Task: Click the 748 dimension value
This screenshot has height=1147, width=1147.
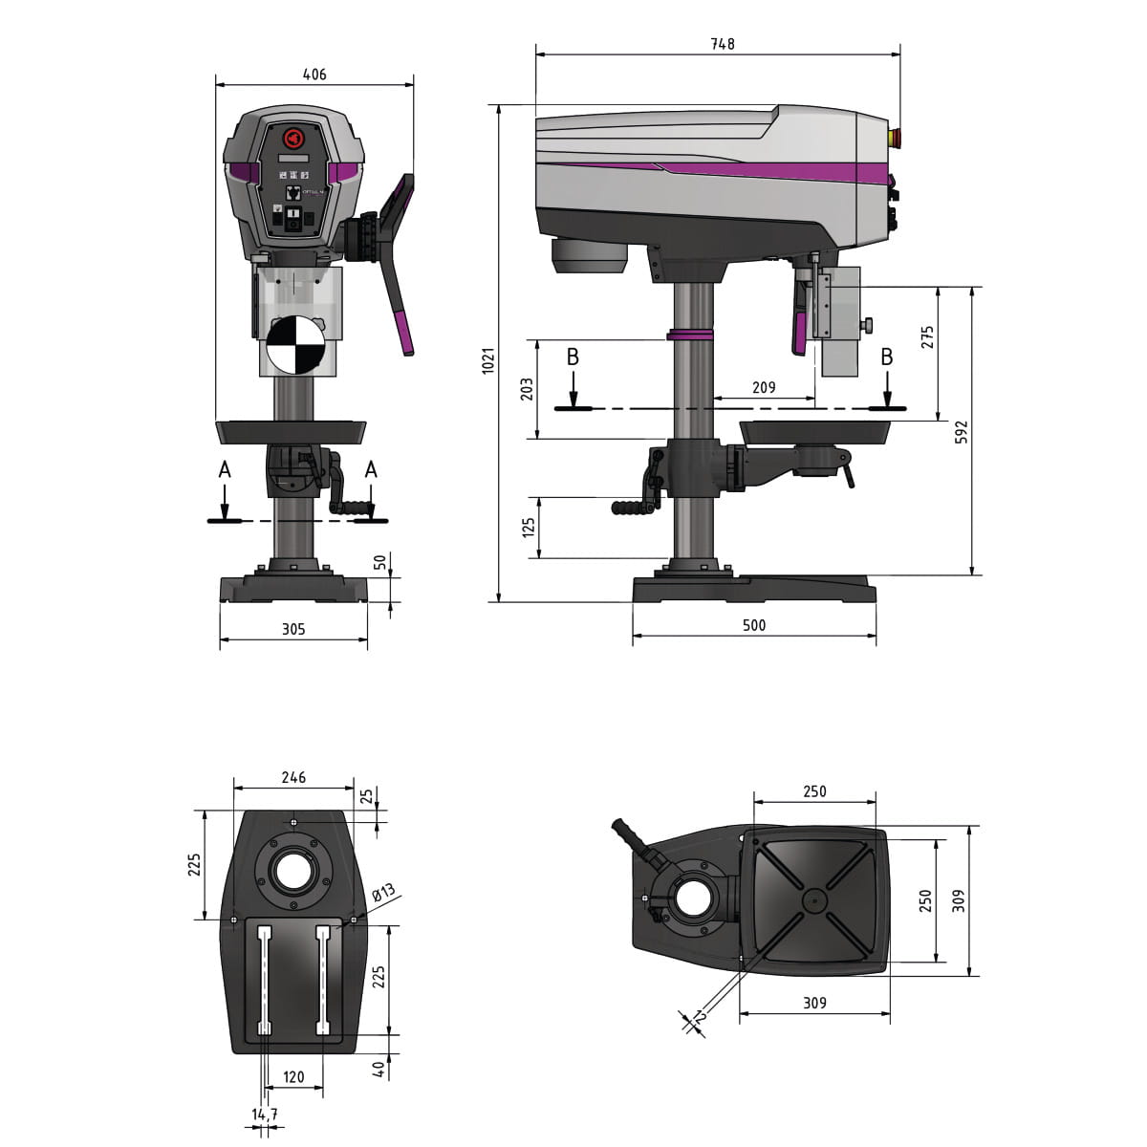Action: pos(723,44)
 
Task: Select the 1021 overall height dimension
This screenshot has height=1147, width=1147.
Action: pos(488,360)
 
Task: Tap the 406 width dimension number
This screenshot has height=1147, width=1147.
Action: pos(314,75)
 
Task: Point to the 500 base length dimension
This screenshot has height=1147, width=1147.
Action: pos(754,625)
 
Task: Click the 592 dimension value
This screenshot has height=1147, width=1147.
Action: pos(962,432)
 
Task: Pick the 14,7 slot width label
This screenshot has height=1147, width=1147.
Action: pos(264,1115)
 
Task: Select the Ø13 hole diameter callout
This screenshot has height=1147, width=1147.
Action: pos(382,893)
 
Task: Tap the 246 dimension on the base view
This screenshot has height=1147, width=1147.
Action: pos(293,777)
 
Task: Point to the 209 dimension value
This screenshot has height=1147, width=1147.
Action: pos(764,387)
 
